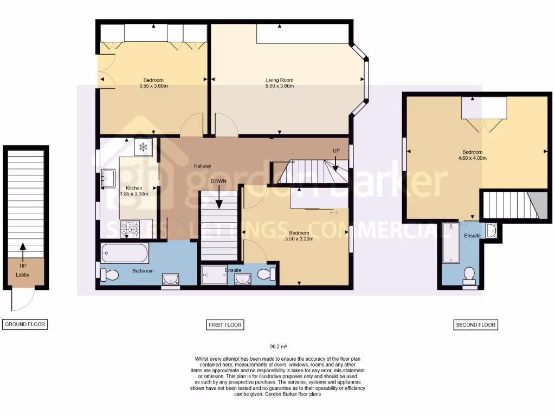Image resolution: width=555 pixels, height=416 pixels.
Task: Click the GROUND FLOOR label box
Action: pyautogui.click(x=25, y=324)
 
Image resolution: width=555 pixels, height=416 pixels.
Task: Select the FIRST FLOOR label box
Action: pyautogui.click(x=225, y=324)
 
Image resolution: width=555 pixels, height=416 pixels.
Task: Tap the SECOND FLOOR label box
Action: pyautogui.click(x=475, y=325)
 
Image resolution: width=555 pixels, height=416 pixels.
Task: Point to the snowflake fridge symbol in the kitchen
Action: pyautogui.click(x=143, y=147)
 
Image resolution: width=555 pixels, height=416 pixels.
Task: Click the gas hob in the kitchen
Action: pyautogui.click(x=131, y=230)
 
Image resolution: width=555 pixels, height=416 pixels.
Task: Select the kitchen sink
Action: pyautogui.click(x=107, y=178)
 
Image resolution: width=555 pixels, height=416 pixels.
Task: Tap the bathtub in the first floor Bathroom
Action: pyautogui.click(x=124, y=252)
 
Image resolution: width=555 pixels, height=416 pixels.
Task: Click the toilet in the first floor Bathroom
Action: pyautogui.click(x=110, y=275)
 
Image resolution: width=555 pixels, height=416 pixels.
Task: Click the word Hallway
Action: pyautogui.click(x=202, y=166)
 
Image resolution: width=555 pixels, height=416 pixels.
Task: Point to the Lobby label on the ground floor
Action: pyautogui.click(x=23, y=275)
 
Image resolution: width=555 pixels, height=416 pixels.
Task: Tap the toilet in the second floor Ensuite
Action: pyautogui.click(x=469, y=275)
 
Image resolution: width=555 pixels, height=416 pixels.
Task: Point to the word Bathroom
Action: pyautogui.click(x=143, y=271)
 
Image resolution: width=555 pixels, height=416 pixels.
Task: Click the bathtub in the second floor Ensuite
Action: pyautogui.click(x=450, y=242)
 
